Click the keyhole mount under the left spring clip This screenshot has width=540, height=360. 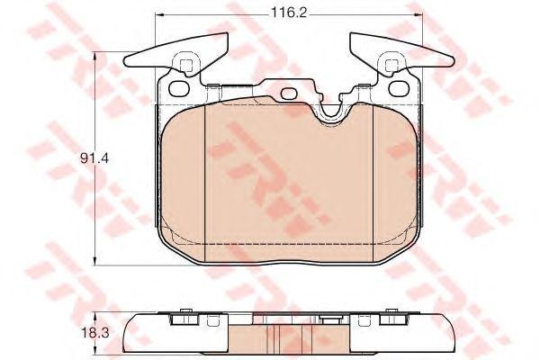[186, 65]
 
